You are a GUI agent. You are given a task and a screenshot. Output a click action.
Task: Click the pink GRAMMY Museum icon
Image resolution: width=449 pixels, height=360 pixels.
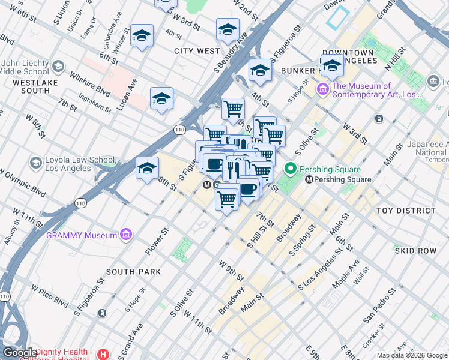(x=125, y=235)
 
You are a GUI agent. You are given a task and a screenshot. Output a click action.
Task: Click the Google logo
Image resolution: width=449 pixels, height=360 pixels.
(x=20, y=353)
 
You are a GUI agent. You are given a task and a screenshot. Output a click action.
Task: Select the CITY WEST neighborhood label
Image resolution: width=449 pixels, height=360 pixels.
(x=197, y=51)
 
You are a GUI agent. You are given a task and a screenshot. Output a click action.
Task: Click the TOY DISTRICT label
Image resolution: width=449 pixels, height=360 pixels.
(x=406, y=211)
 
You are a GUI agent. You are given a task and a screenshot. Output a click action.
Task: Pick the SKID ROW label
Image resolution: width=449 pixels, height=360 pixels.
(x=415, y=250)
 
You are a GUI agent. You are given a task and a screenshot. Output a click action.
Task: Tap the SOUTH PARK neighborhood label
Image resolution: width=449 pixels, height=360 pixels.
(x=133, y=272)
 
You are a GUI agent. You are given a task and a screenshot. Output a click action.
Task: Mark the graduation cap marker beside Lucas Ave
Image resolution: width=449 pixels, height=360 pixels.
(x=161, y=99)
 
